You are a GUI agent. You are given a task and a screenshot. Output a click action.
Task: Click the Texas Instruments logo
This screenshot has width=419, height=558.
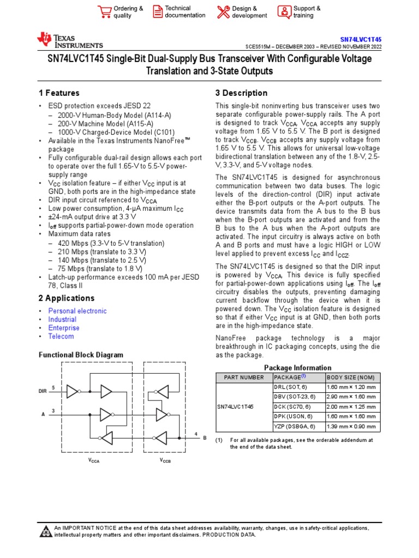[x=69, y=40]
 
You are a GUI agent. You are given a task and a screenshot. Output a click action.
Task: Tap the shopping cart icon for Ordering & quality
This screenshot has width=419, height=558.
[x=104, y=12]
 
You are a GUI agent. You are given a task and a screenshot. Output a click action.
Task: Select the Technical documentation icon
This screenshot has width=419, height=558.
[x=157, y=12]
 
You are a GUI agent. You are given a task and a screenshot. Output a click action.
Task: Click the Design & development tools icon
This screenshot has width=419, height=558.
[x=223, y=12]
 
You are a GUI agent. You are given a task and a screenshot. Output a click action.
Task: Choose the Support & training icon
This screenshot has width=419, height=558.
[x=284, y=12]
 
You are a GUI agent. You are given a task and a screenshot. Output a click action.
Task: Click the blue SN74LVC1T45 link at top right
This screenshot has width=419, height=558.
[x=361, y=40]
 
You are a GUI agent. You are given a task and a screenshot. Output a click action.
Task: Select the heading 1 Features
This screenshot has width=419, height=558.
[x=59, y=93]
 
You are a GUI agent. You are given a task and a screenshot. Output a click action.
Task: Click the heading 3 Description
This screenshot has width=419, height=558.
[x=241, y=93]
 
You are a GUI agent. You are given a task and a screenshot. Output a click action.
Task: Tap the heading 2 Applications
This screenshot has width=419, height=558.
[x=67, y=298]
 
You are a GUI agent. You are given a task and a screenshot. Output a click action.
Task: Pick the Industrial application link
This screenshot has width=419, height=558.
[x=62, y=320]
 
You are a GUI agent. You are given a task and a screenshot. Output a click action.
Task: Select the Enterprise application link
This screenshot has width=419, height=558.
[x=64, y=328]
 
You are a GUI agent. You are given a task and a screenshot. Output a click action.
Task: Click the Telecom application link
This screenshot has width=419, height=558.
[x=61, y=337]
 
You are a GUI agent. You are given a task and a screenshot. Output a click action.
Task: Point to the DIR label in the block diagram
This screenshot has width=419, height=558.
[x=43, y=391]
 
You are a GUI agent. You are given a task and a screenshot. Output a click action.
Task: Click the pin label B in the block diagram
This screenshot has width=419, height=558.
[x=205, y=438]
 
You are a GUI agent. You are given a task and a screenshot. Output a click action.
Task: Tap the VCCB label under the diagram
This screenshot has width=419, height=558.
[x=165, y=460]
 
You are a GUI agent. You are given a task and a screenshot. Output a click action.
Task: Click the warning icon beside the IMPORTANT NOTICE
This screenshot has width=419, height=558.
[x=46, y=531]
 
